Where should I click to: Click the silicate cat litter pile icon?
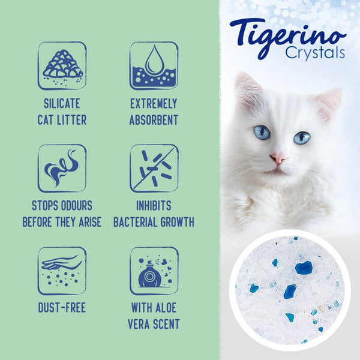[62, 65]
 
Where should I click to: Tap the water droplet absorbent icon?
[154, 65]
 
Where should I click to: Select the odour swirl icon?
[62, 168]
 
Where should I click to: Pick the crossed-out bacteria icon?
[154, 168]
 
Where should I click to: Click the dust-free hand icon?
[62, 271]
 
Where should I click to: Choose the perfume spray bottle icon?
[154, 271]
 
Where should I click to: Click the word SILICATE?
[62, 104]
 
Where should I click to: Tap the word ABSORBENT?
[154, 119]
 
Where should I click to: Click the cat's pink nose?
[278, 159]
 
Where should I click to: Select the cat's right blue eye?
[302, 137]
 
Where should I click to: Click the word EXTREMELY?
[154, 104]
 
